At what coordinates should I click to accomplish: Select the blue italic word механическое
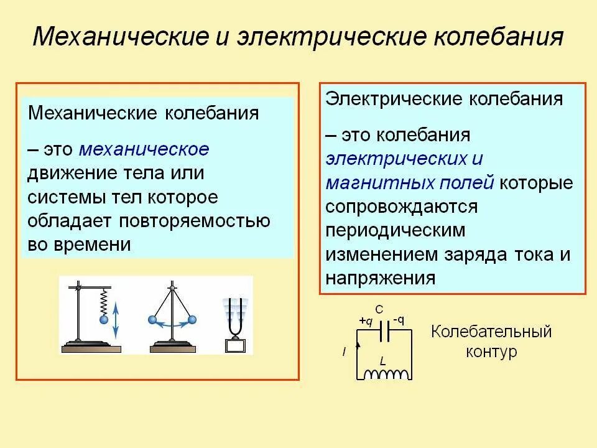click(x=145, y=149)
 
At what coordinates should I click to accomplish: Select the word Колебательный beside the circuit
click(x=491, y=331)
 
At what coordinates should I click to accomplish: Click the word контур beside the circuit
click(x=491, y=352)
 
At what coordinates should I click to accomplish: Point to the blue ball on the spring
click(x=104, y=319)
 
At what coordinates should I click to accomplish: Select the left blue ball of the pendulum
click(x=152, y=320)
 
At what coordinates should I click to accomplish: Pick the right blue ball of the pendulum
click(x=192, y=320)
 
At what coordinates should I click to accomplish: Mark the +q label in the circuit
click(x=366, y=321)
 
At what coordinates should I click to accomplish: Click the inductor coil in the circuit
click(x=387, y=373)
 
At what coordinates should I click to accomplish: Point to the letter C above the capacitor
click(x=379, y=309)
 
